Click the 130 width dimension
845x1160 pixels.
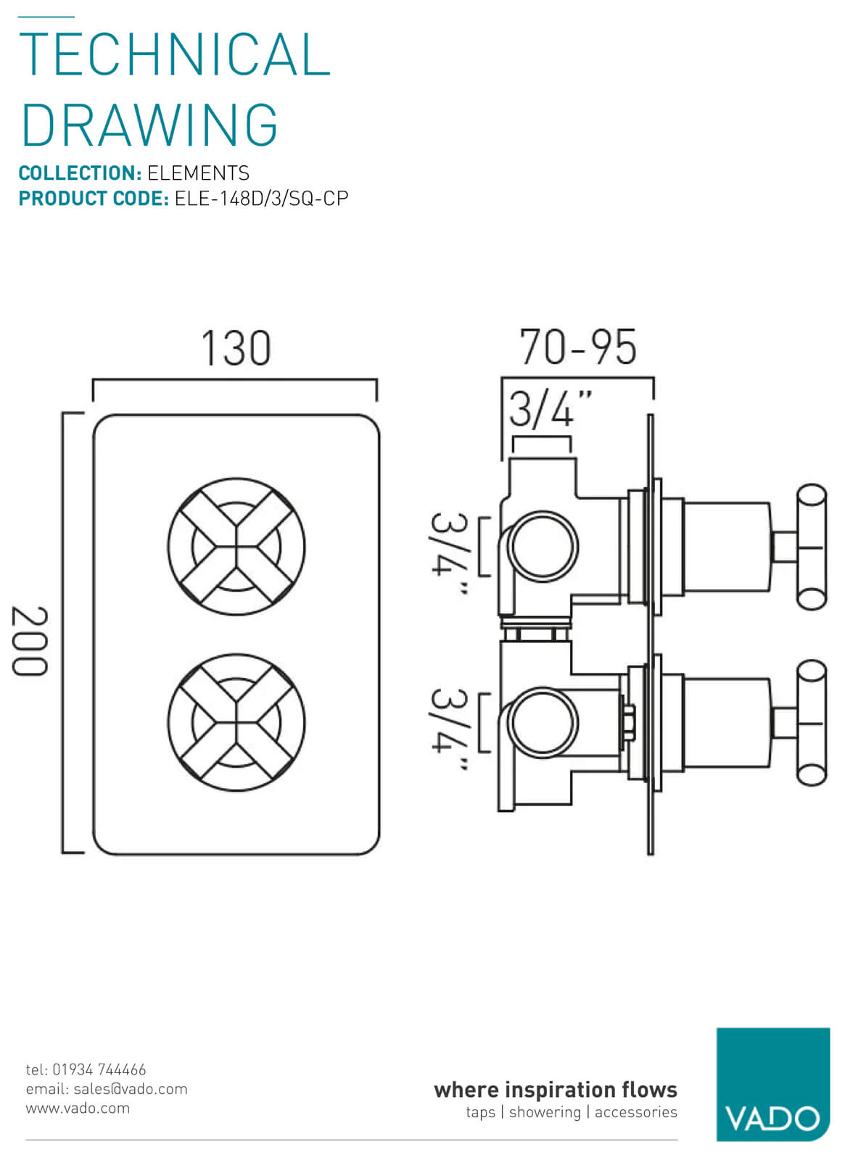pyautogui.click(x=236, y=348)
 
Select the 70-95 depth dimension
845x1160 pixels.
pyautogui.click(x=578, y=347)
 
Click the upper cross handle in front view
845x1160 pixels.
pyautogui.click(x=236, y=547)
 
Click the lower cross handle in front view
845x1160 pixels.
pyautogui.click(x=236, y=723)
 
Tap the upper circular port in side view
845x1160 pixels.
pyautogui.click(x=543, y=546)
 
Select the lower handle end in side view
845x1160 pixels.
pyautogui.click(x=811, y=723)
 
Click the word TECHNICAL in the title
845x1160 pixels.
pyautogui.click(x=175, y=55)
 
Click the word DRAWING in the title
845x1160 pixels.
pyautogui.click(x=149, y=125)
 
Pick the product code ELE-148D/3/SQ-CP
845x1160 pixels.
pyautogui.click(x=261, y=199)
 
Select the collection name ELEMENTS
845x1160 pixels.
pyautogui.click(x=198, y=173)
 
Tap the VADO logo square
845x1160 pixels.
pyautogui.click(x=772, y=1084)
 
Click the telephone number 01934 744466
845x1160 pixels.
pyautogui.click(x=99, y=1069)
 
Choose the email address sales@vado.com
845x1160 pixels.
pyautogui.click(x=131, y=1089)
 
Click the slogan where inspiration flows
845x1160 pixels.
pyautogui.click(x=555, y=1090)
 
